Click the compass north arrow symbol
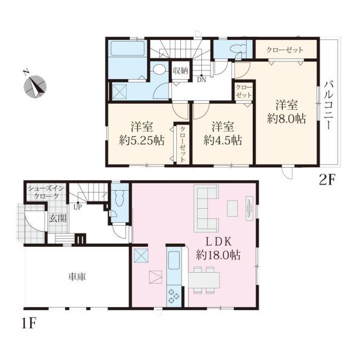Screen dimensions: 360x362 [x=35, y=86]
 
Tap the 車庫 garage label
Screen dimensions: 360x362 [x=77, y=276]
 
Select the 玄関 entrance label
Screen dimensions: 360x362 [x=58, y=218]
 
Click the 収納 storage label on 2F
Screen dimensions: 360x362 [x=181, y=71]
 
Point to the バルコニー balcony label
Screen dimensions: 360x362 [x=328, y=105]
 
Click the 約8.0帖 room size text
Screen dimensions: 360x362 [x=286, y=119]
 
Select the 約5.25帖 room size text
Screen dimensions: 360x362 [x=142, y=140]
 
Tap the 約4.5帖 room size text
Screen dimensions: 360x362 [x=223, y=140]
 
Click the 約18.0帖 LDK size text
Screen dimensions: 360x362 [x=218, y=255]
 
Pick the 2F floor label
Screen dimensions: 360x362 [x=327, y=180]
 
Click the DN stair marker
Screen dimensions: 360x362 [x=201, y=80]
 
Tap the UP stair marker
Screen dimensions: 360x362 [x=78, y=207]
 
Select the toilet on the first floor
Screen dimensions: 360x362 [x=120, y=198]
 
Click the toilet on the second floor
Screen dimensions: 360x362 [x=238, y=48]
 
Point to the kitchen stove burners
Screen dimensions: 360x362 [x=174, y=296]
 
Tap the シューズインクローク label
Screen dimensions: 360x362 [x=46, y=192]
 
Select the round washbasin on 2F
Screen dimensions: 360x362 [x=159, y=69]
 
